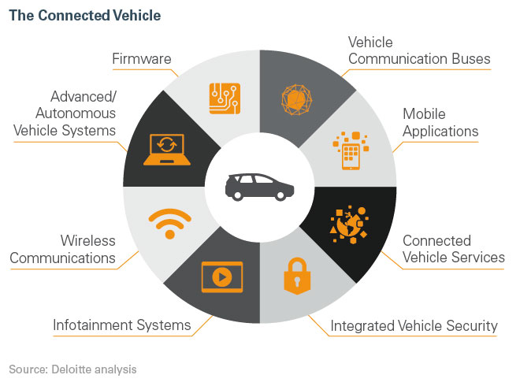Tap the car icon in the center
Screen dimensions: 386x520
tap(259, 186)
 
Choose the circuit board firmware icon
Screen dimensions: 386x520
tap(225, 98)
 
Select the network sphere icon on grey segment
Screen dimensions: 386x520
tap(296, 98)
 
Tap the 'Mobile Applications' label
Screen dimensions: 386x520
tap(440, 122)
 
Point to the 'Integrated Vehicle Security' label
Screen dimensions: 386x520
tap(414, 325)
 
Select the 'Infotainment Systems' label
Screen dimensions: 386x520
tap(121, 325)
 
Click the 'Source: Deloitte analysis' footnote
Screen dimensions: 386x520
tap(73, 368)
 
